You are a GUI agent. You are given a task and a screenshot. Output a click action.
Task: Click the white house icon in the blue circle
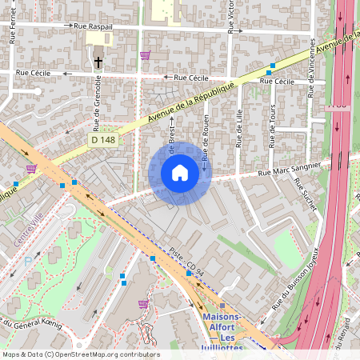point(180,172)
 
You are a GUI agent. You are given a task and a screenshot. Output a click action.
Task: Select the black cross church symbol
point(98,62)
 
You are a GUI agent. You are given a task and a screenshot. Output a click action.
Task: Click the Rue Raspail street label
point(93,26)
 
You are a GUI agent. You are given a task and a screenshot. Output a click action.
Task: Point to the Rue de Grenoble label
point(97,103)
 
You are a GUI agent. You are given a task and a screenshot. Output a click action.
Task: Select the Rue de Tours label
point(273,128)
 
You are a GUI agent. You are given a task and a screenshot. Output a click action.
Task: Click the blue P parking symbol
point(29,261)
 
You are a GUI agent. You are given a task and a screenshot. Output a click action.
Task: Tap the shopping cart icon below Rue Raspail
point(145,55)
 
